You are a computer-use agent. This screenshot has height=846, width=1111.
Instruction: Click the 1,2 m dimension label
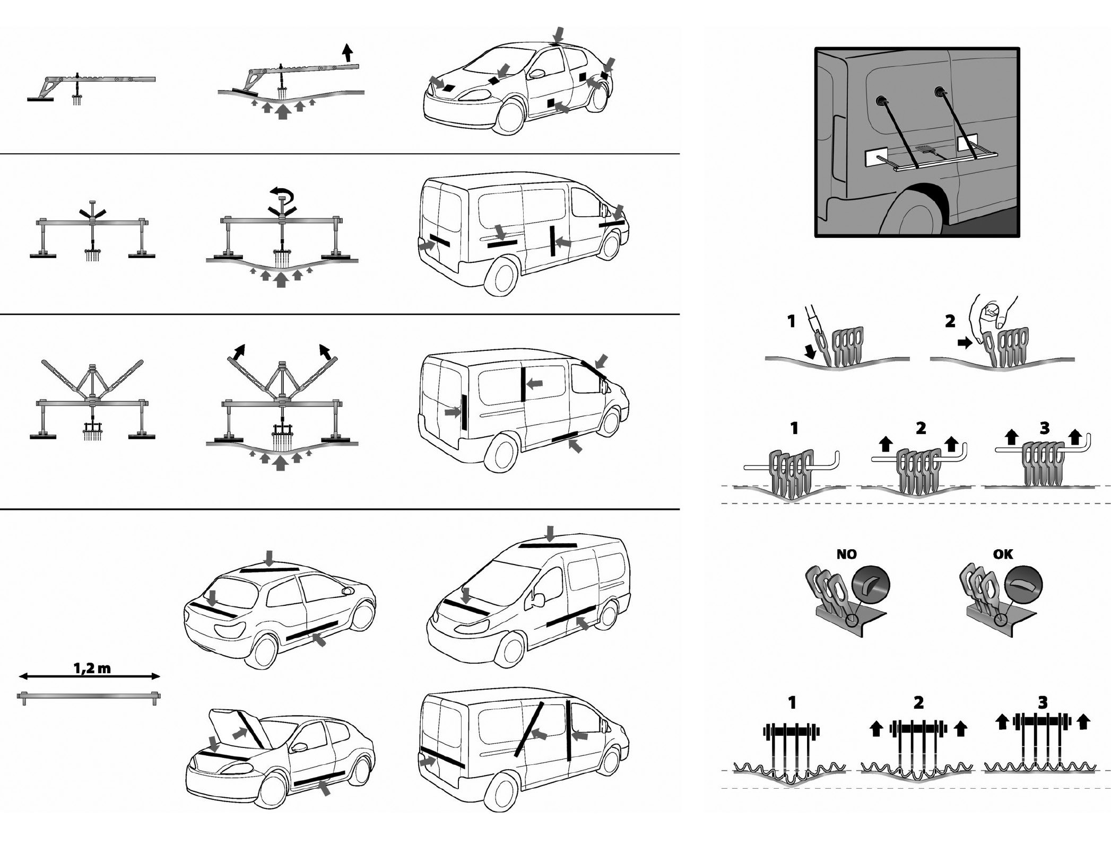92,668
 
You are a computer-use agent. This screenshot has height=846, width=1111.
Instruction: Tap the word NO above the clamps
846,554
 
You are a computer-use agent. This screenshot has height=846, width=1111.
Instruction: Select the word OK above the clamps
1003,554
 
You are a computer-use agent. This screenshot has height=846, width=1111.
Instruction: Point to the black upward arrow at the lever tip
347,52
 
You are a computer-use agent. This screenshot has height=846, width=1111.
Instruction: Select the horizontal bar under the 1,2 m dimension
89,696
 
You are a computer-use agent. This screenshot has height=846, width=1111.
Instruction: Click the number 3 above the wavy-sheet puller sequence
1043,703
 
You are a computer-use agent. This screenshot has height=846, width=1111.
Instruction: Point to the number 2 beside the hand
950,321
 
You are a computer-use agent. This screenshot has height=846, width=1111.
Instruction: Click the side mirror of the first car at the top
537,74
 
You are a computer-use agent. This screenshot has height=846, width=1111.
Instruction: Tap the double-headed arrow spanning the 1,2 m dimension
89,676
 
